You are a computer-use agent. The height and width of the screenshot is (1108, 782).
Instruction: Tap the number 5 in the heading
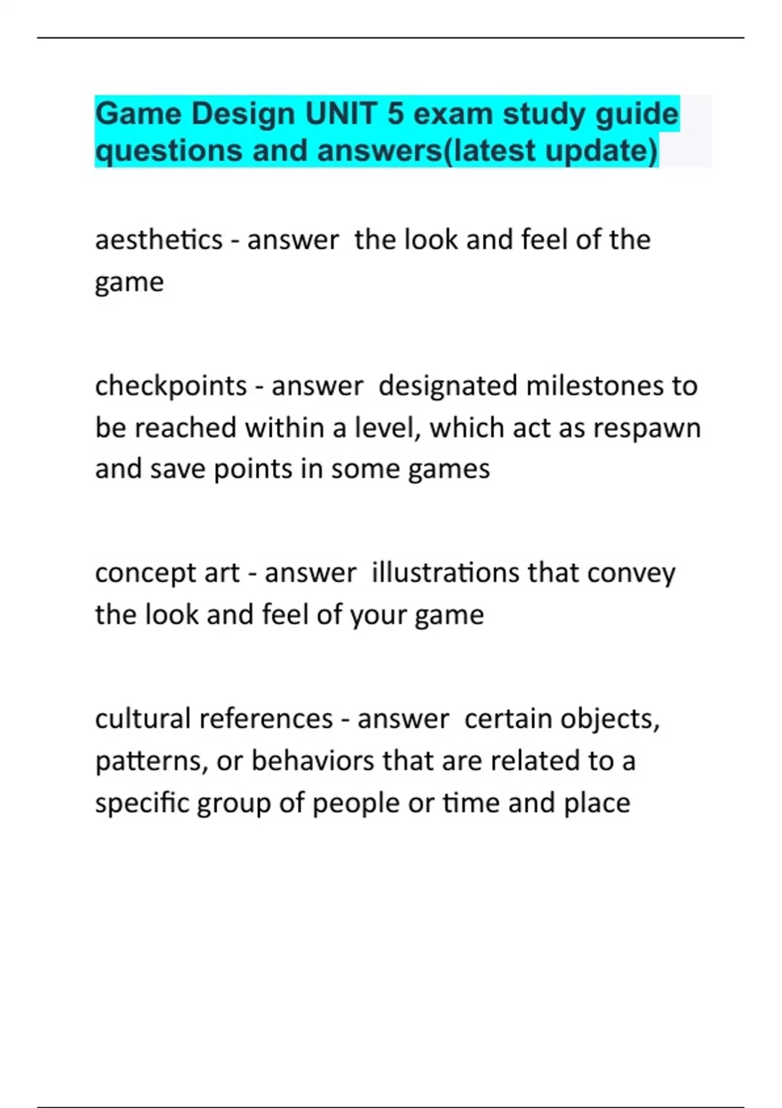click(x=396, y=114)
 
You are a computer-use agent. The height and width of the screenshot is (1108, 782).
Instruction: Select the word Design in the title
click(x=242, y=114)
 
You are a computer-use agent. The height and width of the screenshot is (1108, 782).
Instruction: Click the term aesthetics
click(x=159, y=240)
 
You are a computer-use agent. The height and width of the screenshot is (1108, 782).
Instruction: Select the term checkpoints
click(x=171, y=386)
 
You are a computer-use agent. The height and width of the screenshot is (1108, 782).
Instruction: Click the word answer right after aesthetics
click(x=293, y=240)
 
